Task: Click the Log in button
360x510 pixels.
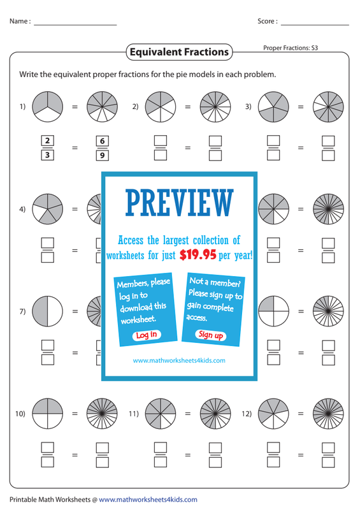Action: (147, 335)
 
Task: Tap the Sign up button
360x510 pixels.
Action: (211, 335)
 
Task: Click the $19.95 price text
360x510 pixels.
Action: (198, 254)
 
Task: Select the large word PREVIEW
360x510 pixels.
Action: (180, 203)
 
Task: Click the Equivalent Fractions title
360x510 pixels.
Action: (179, 52)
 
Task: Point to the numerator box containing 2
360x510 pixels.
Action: (48, 140)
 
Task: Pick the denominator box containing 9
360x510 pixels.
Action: (103, 155)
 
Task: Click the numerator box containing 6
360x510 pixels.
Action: (103, 141)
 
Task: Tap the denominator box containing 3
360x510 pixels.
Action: (48, 155)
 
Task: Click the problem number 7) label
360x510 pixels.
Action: (22, 311)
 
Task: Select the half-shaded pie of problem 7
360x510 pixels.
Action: (48, 311)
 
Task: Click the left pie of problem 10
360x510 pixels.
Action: (48, 413)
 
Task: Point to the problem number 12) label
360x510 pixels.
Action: (247, 413)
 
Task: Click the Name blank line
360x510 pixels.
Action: (75, 25)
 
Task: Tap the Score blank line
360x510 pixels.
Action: (315, 25)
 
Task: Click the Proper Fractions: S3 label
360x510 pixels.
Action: (291, 48)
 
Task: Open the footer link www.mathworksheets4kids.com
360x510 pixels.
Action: (148, 499)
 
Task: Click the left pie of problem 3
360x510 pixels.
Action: (273, 106)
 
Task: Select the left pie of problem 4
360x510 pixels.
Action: (48, 209)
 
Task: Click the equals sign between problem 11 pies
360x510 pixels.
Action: (187, 414)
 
